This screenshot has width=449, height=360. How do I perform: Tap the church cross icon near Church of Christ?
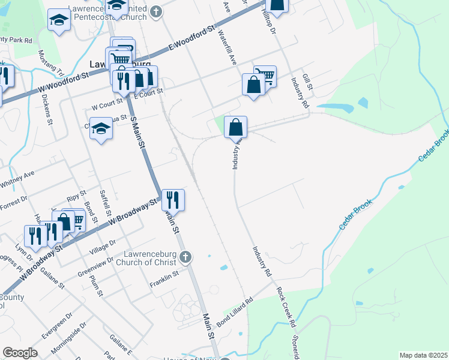pyautogui.click(x=185, y=257)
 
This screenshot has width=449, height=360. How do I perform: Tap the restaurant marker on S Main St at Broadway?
pyautogui.click(x=172, y=199)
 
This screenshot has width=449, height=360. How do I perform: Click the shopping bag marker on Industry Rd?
pyautogui.click(x=236, y=127)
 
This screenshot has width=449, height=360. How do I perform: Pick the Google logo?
pyautogui.click(x=20, y=352)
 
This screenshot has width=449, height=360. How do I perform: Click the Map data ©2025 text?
pyautogui.click(x=423, y=355)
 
